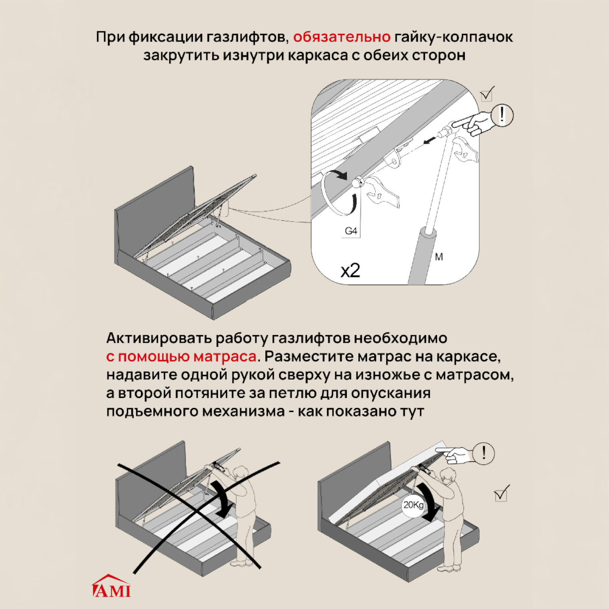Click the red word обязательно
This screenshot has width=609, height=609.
pos(342,37)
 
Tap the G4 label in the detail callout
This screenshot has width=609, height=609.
pos(351,231)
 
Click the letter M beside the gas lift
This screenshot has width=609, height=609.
pos(439,257)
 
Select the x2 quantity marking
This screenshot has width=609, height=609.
pos(350,271)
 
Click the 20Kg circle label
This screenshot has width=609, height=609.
pos(413,505)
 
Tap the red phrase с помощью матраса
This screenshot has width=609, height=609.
pos(181,356)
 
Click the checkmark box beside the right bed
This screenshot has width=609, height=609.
pos(501,494)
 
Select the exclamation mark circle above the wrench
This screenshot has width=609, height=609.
pos(501,115)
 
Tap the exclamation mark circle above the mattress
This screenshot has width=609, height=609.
pos(484,453)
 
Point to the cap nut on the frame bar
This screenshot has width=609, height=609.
pos(358,183)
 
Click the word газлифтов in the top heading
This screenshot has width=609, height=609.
pos(247,37)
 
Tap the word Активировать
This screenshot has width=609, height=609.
pos(159,338)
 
